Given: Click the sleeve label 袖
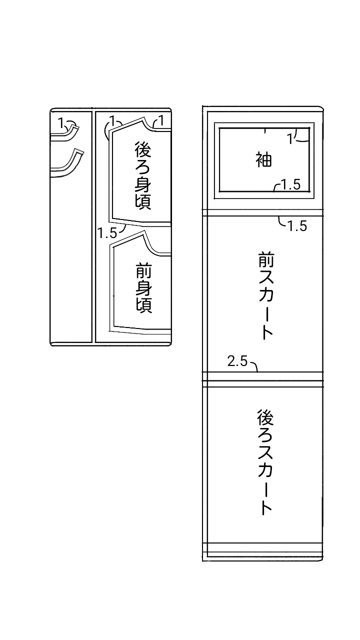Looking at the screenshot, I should [x=263, y=160].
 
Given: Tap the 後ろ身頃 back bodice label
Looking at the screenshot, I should [x=143, y=175].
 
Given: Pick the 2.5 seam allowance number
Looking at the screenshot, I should [x=237, y=361].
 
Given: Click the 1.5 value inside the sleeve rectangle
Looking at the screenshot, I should [x=290, y=185].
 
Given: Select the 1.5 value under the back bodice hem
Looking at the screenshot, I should [x=107, y=232].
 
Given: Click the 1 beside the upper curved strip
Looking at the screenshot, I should [x=61, y=121].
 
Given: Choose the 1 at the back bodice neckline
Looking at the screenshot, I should [x=161, y=120].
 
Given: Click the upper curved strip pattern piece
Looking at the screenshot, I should [x=65, y=132].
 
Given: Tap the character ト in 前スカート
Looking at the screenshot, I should [x=267, y=333].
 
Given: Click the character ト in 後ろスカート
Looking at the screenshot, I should [x=266, y=508].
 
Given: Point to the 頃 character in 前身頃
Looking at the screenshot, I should [x=143, y=304].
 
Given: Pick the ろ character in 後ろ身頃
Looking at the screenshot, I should [x=143, y=167].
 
